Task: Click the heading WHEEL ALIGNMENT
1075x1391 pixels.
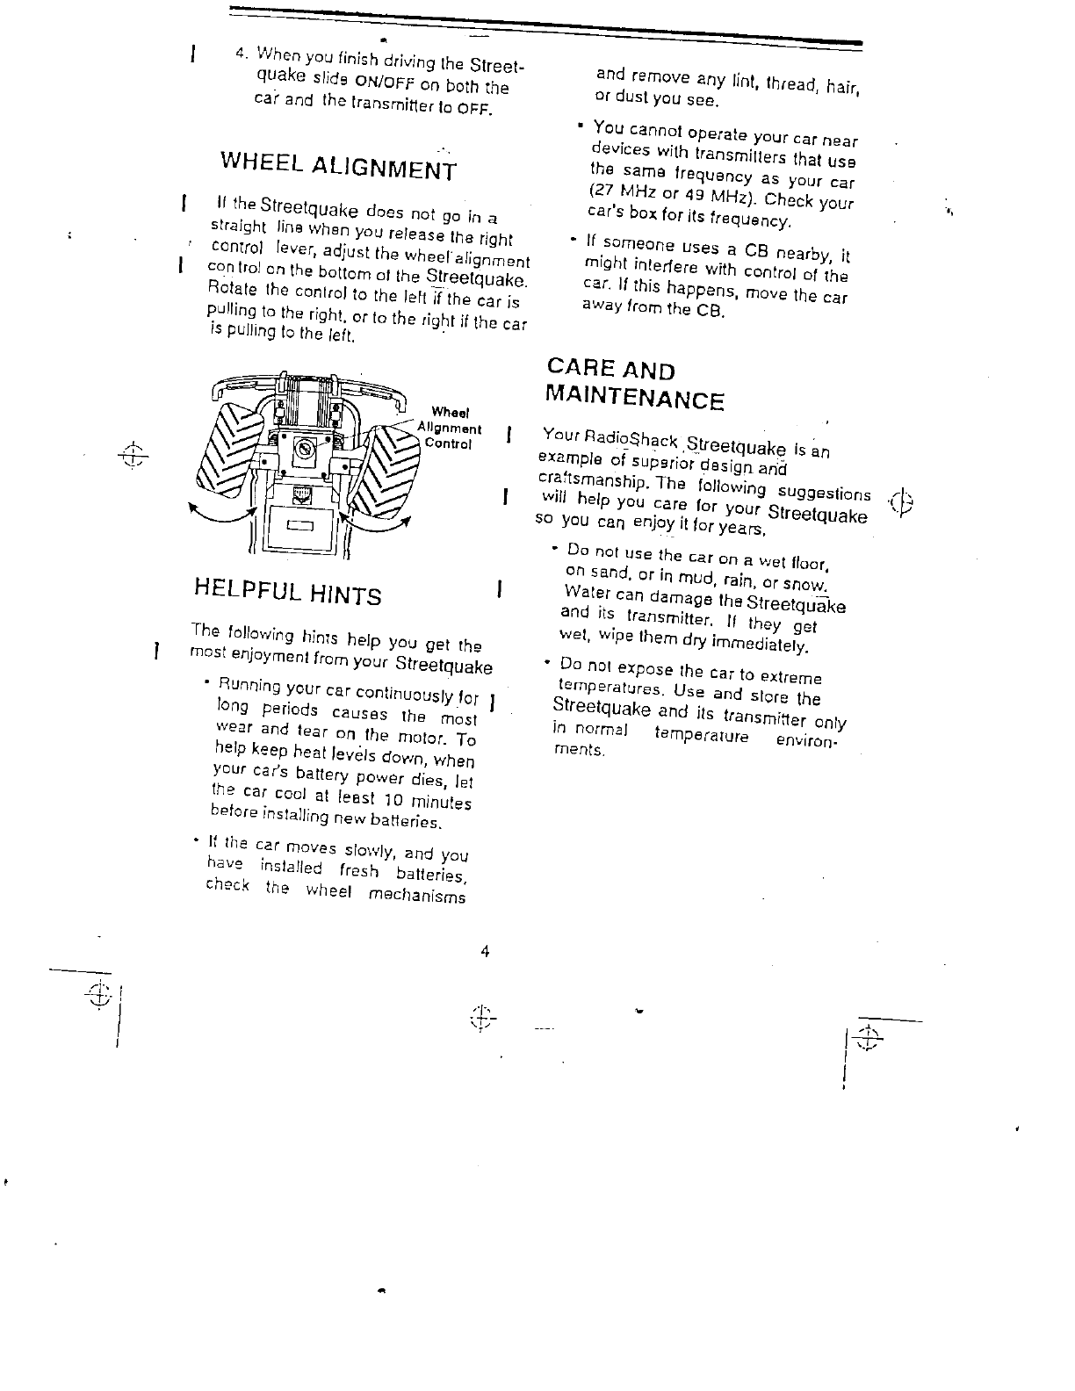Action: point(338,165)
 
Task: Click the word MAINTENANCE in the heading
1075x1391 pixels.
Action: point(634,398)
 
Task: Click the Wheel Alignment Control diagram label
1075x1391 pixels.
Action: point(451,428)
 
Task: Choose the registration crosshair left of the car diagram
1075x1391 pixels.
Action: point(133,453)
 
